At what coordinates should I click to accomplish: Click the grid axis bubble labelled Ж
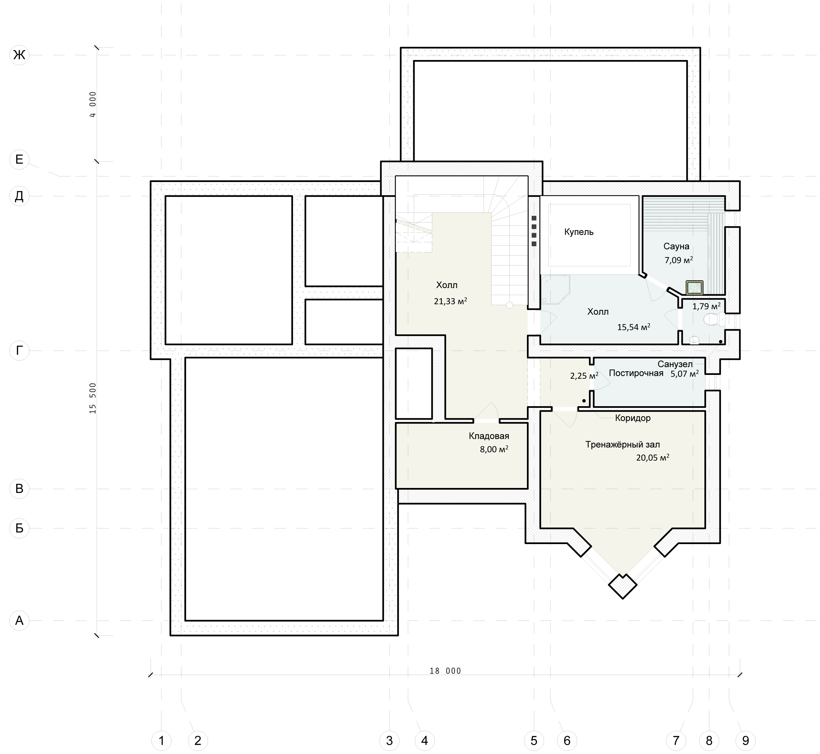pos(19,55)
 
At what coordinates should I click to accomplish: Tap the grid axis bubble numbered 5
pos(534,740)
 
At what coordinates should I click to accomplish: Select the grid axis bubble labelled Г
pos(19,350)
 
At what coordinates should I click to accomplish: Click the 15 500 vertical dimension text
pos(93,398)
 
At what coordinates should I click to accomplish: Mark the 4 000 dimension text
pos(93,104)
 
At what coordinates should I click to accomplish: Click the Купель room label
pos(579,232)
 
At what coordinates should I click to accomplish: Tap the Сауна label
pos(676,246)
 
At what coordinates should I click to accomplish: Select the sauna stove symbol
pos(694,288)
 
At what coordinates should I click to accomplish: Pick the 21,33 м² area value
pos(450,301)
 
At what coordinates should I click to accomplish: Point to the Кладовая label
pos(489,436)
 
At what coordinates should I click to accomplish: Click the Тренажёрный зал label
pos(622,445)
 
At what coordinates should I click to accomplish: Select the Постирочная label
pos(636,373)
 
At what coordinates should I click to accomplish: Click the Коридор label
pos(633,418)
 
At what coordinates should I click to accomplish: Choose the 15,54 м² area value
pos(633,327)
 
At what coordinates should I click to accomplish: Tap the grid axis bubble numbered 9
pos(745,740)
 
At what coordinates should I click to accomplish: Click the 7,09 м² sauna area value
pos(679,260)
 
